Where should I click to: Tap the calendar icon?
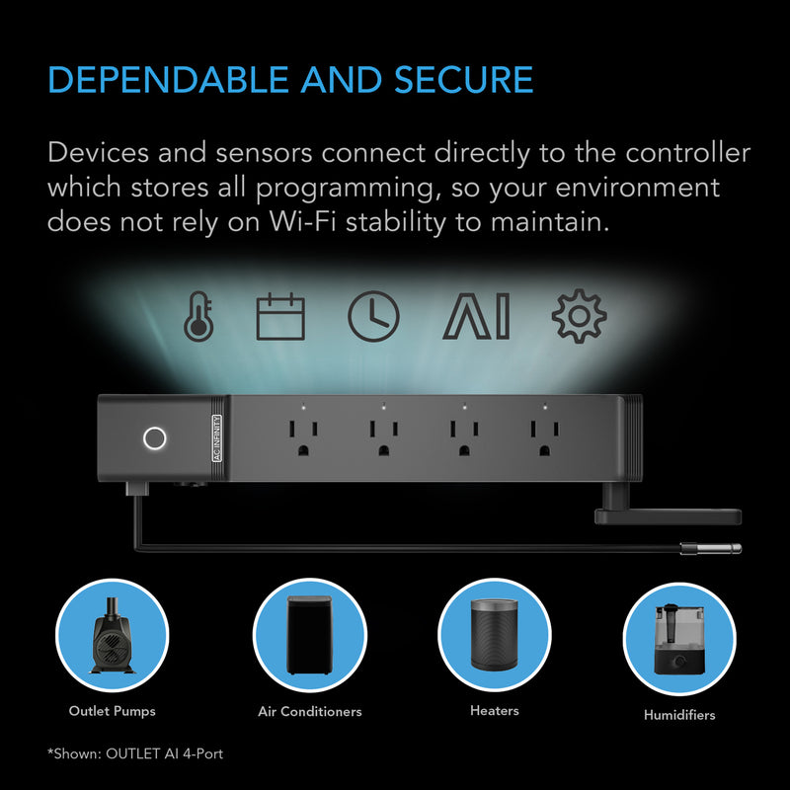281,317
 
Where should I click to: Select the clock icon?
374,317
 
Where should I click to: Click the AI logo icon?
475,317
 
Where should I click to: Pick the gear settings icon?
579,317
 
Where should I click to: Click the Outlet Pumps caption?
112,710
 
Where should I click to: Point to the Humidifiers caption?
679,715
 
